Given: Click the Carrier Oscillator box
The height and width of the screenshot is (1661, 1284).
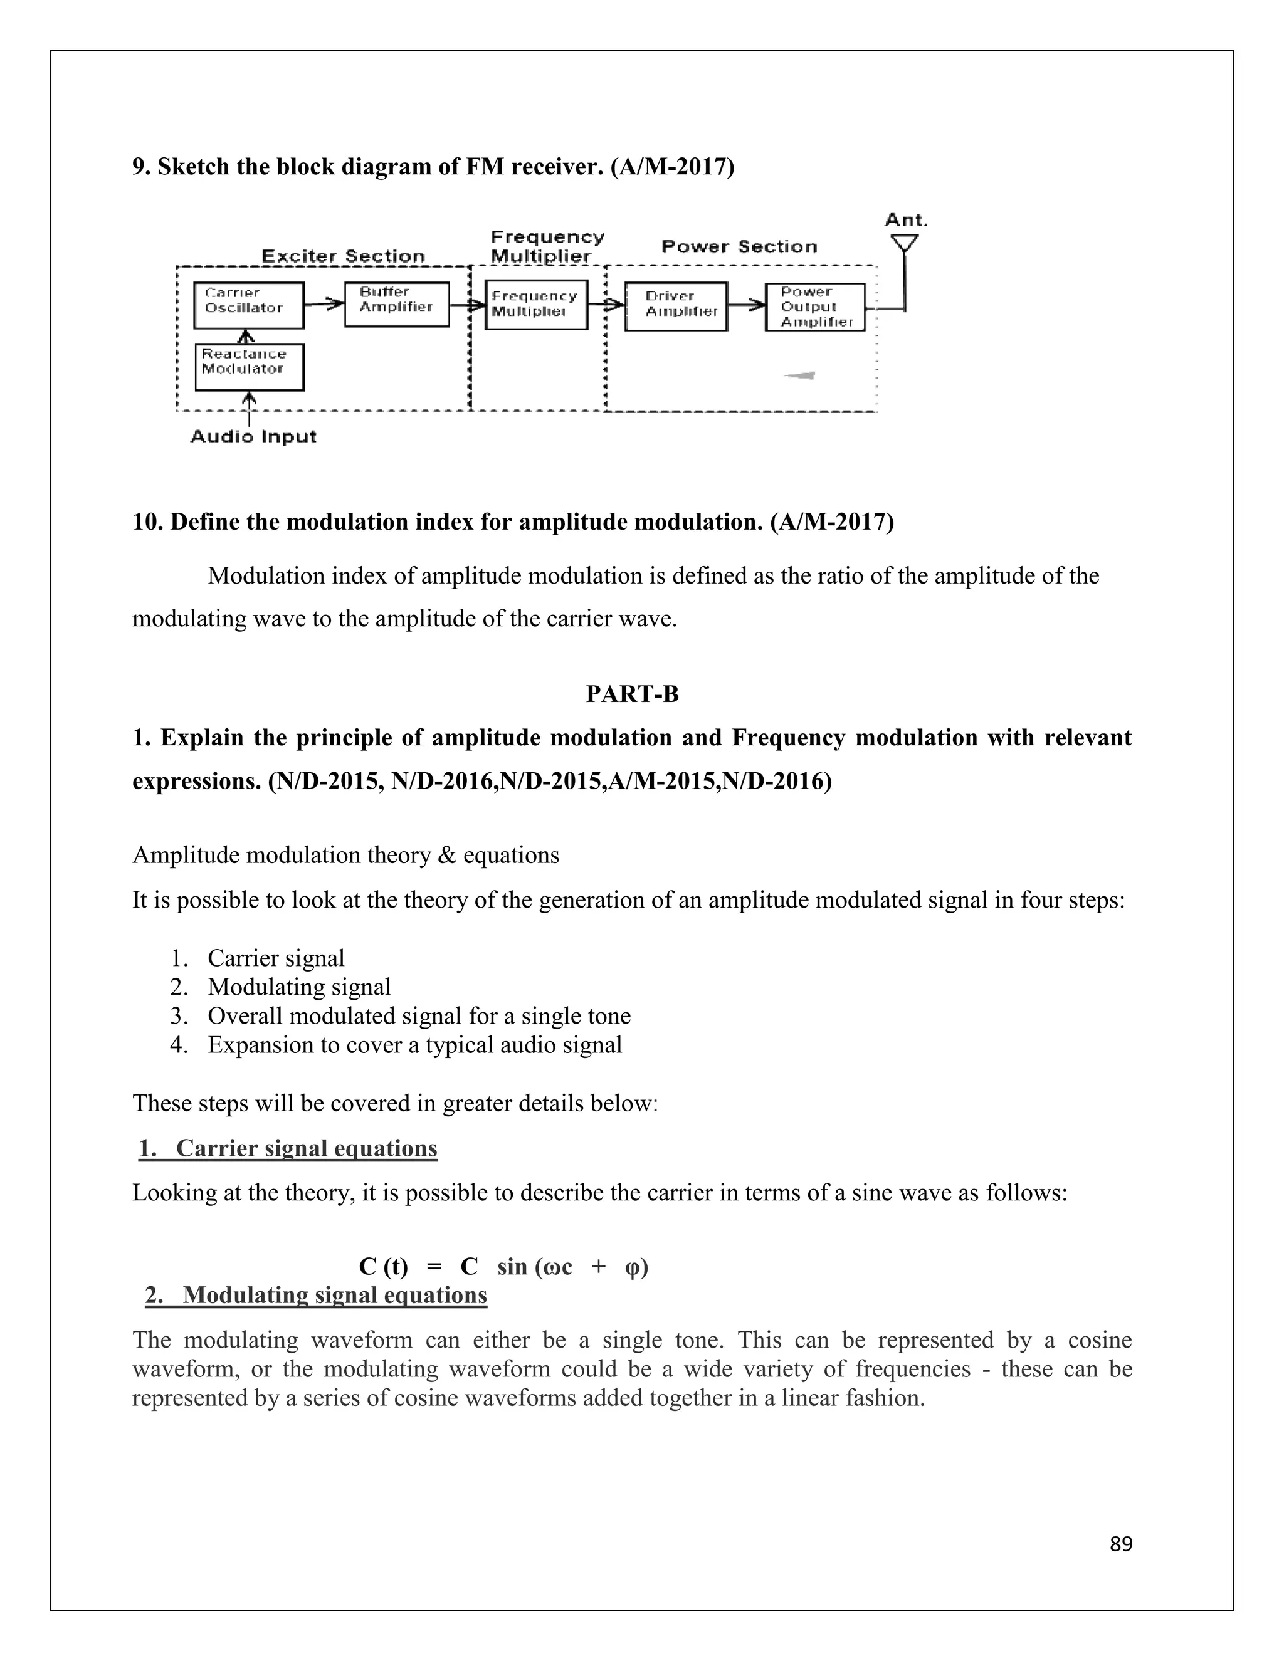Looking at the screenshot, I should (249, 305).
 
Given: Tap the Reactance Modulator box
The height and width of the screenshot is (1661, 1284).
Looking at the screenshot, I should (250, 367).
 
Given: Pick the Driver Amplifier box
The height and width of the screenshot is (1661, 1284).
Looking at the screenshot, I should (675, 306).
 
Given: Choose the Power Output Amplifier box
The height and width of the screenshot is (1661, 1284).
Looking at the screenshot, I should (814, 307).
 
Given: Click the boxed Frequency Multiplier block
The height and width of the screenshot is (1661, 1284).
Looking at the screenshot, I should (536, 306).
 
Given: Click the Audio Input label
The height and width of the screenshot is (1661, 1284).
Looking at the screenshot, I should (253, 436).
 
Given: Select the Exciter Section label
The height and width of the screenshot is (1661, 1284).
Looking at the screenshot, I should (343, 256).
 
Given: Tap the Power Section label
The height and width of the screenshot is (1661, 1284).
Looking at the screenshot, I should (739, 246).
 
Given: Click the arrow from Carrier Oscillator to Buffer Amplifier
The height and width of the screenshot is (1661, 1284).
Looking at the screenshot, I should (324, 304).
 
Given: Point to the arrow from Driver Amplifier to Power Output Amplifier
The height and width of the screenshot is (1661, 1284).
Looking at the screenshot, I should (746, 305).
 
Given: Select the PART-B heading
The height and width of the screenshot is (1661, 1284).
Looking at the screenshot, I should (632, 694).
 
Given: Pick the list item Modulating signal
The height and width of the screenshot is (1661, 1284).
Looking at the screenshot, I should (299, 987).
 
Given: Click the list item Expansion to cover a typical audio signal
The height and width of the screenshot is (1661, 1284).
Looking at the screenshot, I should (414, 1045).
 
